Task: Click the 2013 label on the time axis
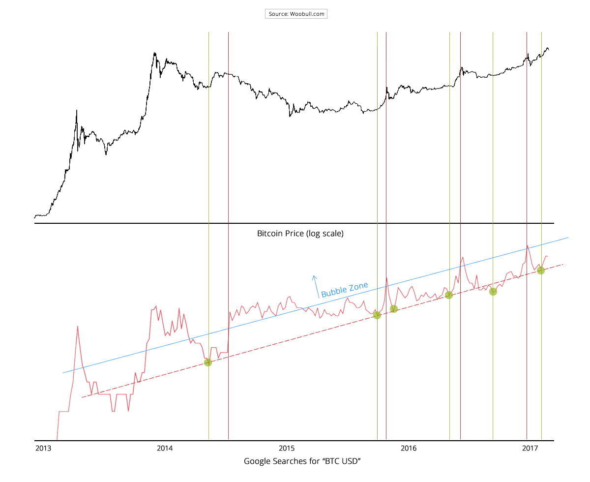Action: click(x=43, y=448)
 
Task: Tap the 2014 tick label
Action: click(x=164, y=448)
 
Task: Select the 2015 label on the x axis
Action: click(x=286, y=448)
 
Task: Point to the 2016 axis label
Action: click(x=409, y=448)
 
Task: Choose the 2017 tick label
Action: click(x=529, y=448)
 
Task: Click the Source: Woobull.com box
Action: click(x=296, y=14)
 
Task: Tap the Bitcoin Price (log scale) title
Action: click(x=300, y=233)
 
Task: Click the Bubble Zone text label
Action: click(x=344, y=290)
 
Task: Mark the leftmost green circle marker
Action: click(x=207, y=362)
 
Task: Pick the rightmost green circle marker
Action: click(x=541, y=271)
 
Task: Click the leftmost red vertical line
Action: click(x=228, y=197)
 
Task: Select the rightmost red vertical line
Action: click(x=460, y=197)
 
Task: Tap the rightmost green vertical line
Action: click(x=541, y=148)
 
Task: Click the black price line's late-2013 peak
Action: click(x=154, y=53)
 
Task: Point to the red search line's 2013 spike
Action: click(x=77, y=326)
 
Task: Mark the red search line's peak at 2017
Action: click(x=527, y=245)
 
